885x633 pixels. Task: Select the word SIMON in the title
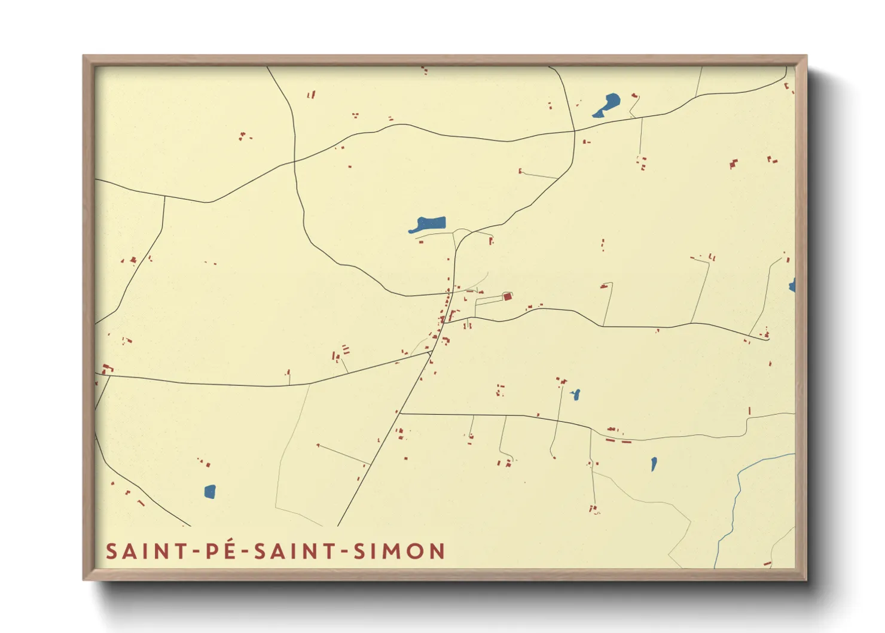point(399,551)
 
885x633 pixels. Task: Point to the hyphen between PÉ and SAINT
point(246,552)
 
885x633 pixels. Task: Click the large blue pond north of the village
point(428,225)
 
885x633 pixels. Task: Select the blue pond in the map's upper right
point(608,105)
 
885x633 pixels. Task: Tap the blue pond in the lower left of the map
point(209,492)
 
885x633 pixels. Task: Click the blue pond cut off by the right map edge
point(792,285)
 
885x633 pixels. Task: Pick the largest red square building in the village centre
point(507,296)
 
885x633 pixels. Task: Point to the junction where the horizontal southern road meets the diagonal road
point(400,413)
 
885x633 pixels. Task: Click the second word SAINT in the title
point(294,551)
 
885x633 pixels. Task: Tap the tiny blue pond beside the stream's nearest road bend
point(654,464)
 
